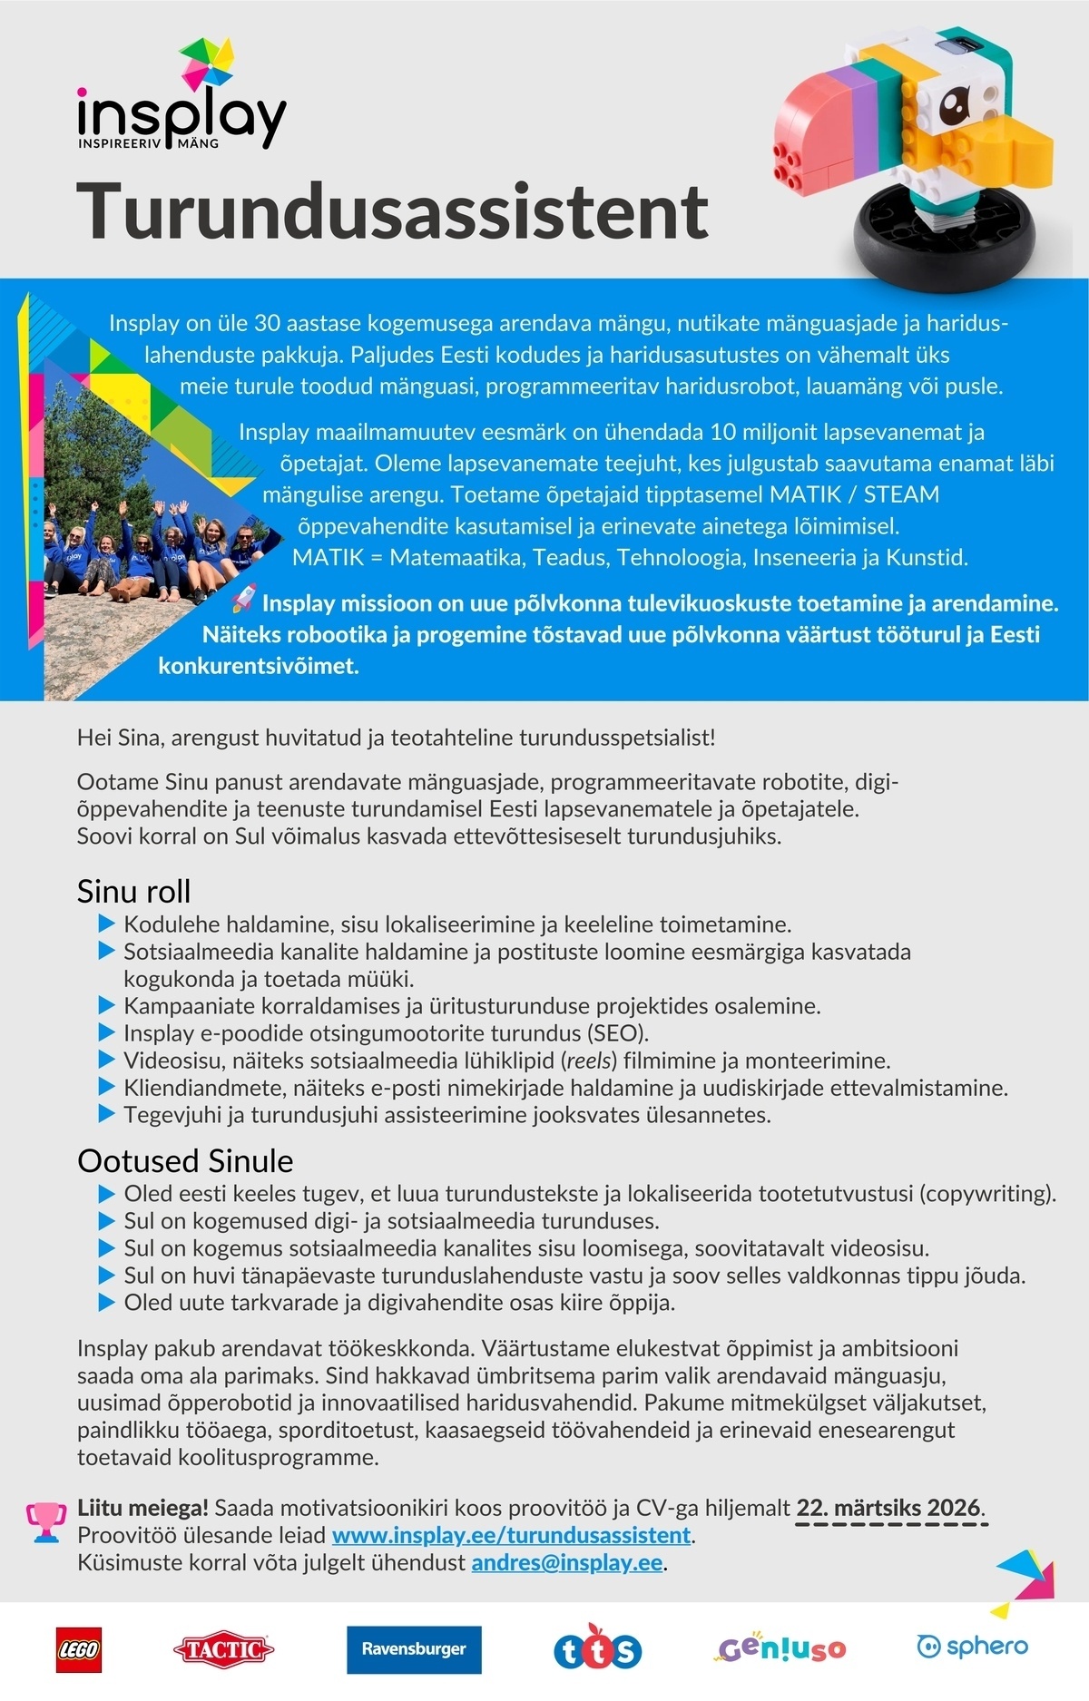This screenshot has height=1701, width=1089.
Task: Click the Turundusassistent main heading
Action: point(392,210)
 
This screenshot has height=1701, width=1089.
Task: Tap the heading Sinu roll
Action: point(133,891)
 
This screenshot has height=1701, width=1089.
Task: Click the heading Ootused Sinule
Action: point(185,1160)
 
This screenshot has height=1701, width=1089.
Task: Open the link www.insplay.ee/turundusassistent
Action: point(511,1535)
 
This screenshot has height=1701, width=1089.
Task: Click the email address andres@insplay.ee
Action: point(566,1562)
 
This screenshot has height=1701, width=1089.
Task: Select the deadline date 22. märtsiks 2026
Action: point(888,1508)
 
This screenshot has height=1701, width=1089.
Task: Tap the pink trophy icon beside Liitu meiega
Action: point(45,1521)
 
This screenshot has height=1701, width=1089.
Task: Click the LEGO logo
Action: point(79,1649)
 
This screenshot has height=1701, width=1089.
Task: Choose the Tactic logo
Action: point(223,1649)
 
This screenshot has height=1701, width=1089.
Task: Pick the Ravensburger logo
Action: point(414,1649)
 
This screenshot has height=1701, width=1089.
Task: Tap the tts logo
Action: point(597,1648)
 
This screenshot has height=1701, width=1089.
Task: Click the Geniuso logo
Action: point(781,1648)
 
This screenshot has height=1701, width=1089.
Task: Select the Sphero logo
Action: point(972,1646)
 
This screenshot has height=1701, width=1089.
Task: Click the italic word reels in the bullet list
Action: point(589,1061)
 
